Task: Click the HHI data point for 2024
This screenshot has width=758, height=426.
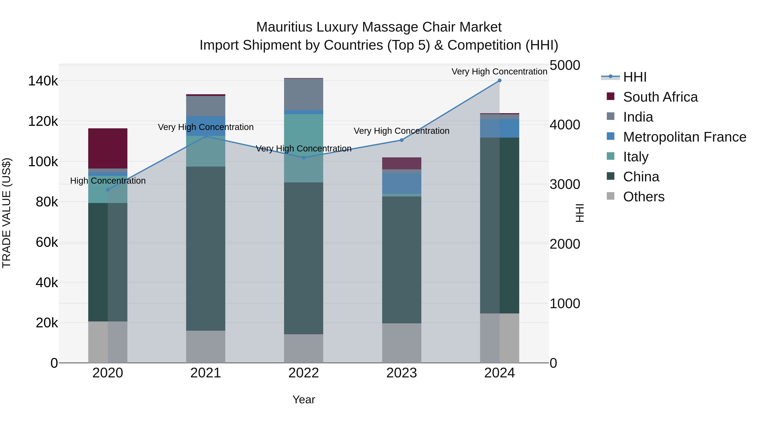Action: coord(499,81)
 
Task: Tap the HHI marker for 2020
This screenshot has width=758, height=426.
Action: coord(108,190)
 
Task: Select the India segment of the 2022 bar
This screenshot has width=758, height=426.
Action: coord(303,94)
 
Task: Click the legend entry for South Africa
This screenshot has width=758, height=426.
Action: coord(660,97)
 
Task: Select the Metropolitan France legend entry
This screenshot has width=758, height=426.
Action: coord(685,137)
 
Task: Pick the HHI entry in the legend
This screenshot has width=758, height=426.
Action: coord(634,77)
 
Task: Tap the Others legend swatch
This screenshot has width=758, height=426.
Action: coord(611,196)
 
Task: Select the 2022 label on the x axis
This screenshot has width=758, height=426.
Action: coord(303,373)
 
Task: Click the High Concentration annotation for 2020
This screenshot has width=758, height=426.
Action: coord(108,180)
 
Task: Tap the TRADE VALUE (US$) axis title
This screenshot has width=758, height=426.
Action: coord(7,213)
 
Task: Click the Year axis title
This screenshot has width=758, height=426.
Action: coord(303,399)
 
